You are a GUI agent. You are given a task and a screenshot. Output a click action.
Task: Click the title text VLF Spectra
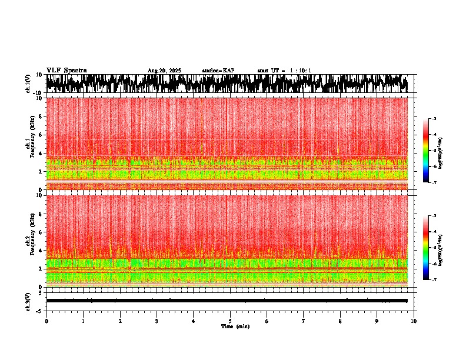click(x=66, y=70)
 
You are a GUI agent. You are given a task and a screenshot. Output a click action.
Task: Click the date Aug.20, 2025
click(x=164, y=71)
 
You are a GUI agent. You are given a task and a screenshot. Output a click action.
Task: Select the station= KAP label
click(x=218, y=71)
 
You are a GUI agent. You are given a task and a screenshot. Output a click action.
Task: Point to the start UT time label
click(x=284, y=71)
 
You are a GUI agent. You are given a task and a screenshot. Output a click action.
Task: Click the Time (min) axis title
click(x=235, y=326)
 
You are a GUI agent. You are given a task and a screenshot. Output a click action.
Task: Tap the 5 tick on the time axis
click(x=230, y=321)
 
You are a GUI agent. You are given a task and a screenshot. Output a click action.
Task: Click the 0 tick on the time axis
click(x=46, y=321)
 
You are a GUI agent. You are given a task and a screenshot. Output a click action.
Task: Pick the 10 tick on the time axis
click(x=414, y=321)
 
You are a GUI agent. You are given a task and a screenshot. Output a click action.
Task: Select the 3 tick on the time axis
click(x=157, y=321)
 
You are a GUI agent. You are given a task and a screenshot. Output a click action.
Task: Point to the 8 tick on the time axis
click(x=340, y=321)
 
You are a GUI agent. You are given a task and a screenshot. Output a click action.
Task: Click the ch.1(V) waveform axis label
click(x=28, y=84)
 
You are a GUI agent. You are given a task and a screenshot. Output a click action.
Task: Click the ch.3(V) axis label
click(x=28, y=301)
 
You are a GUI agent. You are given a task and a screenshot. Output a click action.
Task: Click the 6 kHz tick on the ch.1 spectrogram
click(x=41, y=135)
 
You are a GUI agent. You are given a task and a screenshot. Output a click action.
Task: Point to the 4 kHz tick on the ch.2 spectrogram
click(x=41, y=250)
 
